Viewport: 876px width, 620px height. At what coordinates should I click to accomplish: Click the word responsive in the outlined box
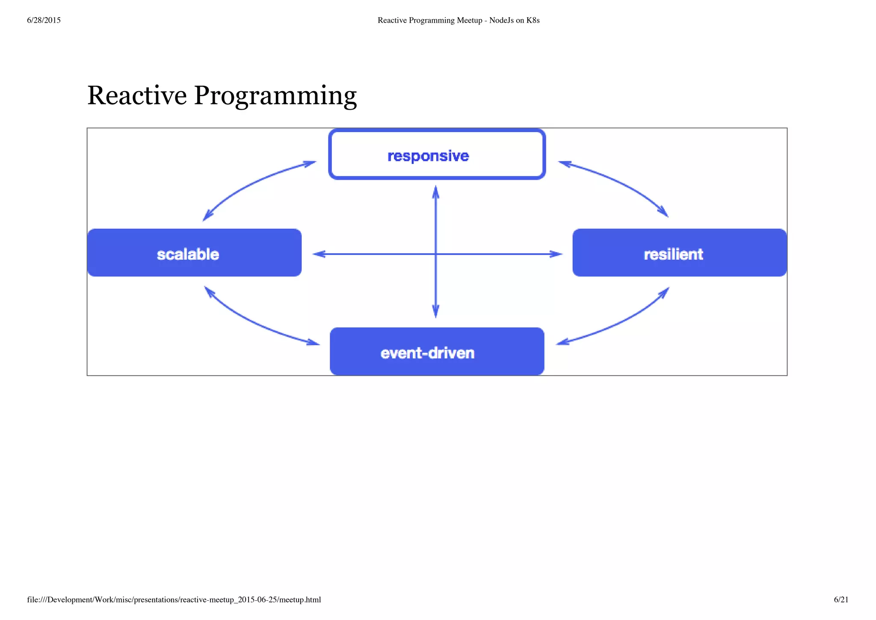click(x=428, y=156)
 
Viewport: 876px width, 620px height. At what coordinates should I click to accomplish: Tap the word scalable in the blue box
click(x=188, y=254)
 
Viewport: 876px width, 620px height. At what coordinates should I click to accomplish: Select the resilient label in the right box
click(x=673, y=254)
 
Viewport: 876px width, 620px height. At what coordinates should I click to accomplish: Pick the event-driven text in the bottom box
click(x=427, y=353)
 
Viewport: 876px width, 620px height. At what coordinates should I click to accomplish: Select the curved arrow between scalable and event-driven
click(x=252, y=323)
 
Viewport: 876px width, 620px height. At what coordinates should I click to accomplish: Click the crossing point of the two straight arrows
click(x=435, y=254)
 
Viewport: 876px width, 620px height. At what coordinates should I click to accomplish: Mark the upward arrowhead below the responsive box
click(x=435, y=193)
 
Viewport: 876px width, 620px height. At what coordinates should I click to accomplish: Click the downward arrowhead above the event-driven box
click(x=435, y=311)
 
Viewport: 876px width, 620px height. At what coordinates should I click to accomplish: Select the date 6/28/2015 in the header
click(x=44, y=20)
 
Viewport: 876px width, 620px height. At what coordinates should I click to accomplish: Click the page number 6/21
click(x=841, y=599)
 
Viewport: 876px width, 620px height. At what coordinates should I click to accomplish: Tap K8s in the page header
click(x=533, y=20)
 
